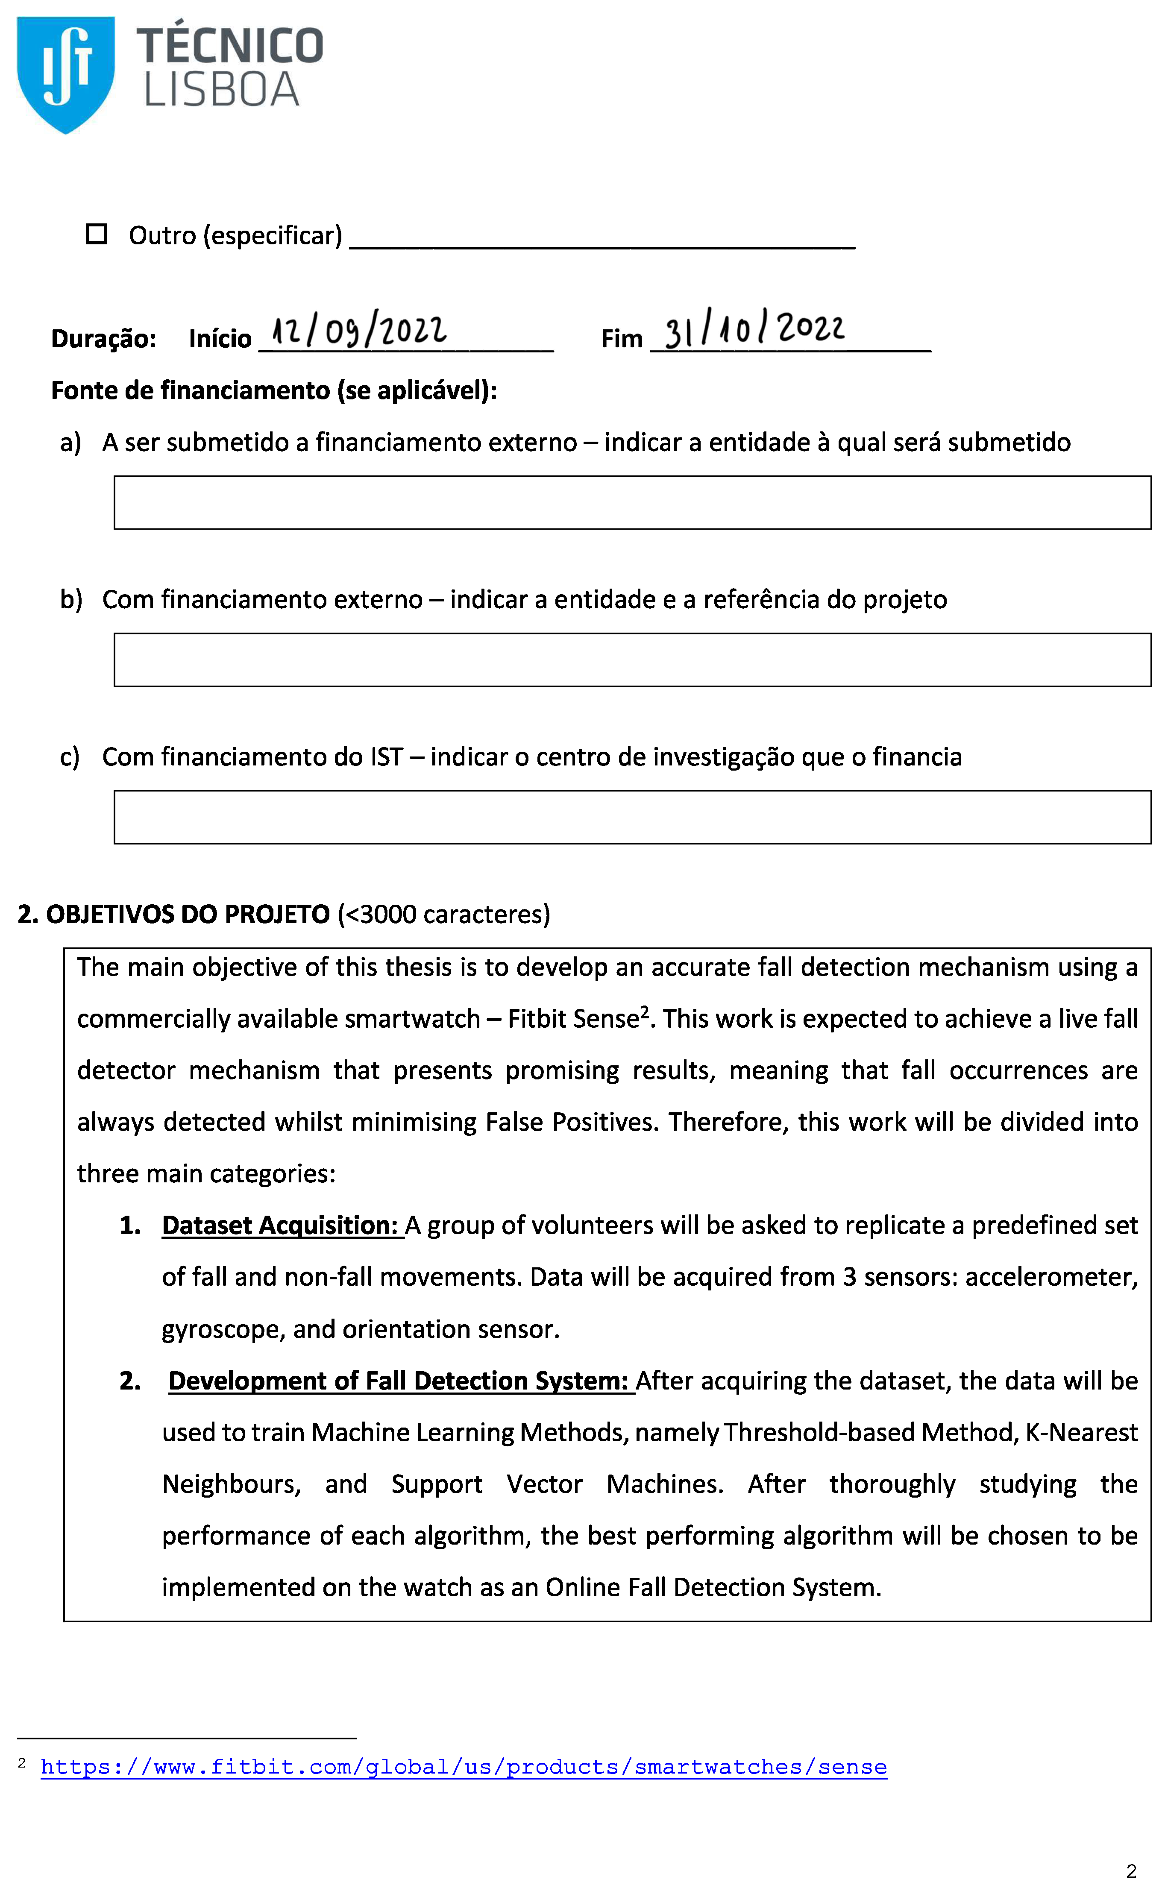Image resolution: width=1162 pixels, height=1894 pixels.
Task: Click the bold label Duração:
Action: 104,339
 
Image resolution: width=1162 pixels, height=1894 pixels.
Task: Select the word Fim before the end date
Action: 621,339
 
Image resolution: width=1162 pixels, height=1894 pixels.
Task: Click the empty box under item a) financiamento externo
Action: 632,503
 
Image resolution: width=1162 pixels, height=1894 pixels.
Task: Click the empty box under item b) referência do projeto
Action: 632,660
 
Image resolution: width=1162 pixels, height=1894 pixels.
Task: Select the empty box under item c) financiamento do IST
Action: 632,817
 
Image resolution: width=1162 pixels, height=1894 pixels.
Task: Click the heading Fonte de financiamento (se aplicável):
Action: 273,390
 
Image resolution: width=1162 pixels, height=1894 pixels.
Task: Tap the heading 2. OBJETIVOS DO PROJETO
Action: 174,914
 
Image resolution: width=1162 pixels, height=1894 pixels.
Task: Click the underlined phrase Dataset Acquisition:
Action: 282,1225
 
